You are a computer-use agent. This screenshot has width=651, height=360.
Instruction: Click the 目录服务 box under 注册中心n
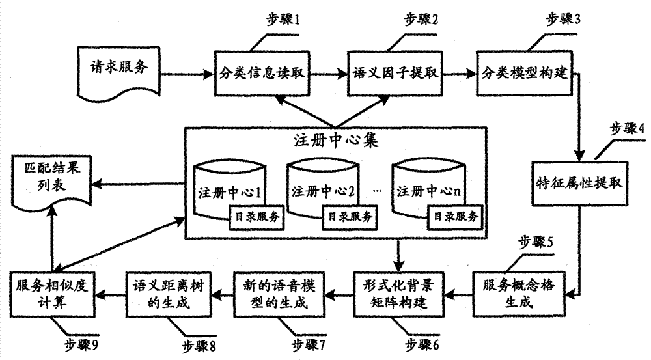[x=453, y=215]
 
